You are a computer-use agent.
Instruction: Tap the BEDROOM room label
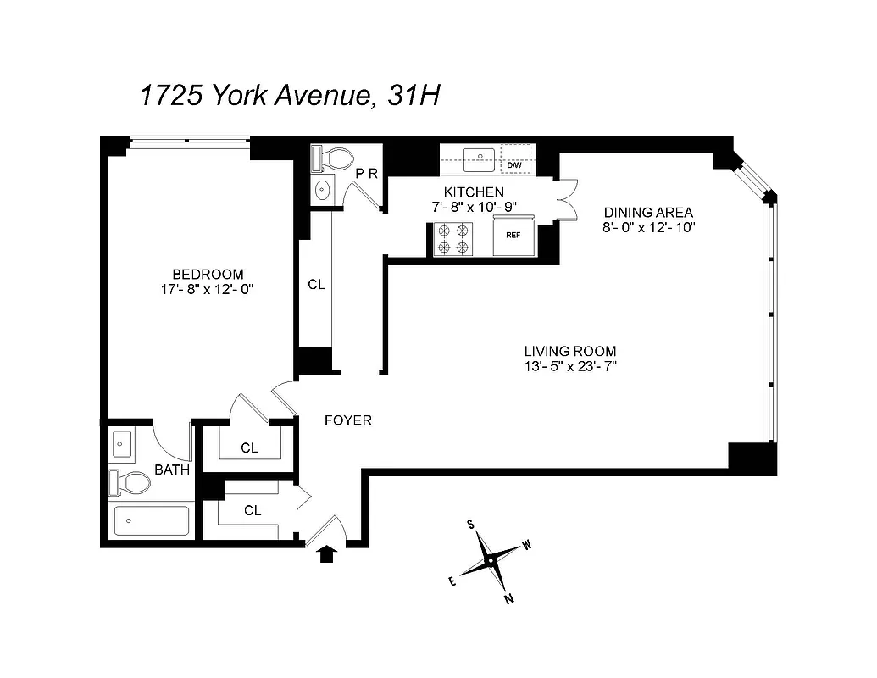tap(208, 275)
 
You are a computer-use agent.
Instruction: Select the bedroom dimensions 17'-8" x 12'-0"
tap(208, 289)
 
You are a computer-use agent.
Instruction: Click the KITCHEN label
tap(474, 192)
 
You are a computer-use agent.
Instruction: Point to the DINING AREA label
tap(648, 213)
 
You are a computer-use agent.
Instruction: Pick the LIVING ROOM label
tap(569, 351)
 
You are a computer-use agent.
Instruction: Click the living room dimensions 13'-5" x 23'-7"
tap(569, 366)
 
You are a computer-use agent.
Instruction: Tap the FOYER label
tap(348, 420)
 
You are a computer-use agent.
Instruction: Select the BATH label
tap(172, 470)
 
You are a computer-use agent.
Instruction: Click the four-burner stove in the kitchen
tap(452, 238)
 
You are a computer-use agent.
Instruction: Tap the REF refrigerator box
tap(513, 235)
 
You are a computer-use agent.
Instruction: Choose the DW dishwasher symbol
tap(513, 164)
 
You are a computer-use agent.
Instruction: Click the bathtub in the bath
tap(151, 521)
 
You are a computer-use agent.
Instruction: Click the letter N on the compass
tap(509, 599)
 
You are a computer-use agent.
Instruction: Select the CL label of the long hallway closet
tap(316, 285)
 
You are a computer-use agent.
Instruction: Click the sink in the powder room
tap(323, 191)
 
